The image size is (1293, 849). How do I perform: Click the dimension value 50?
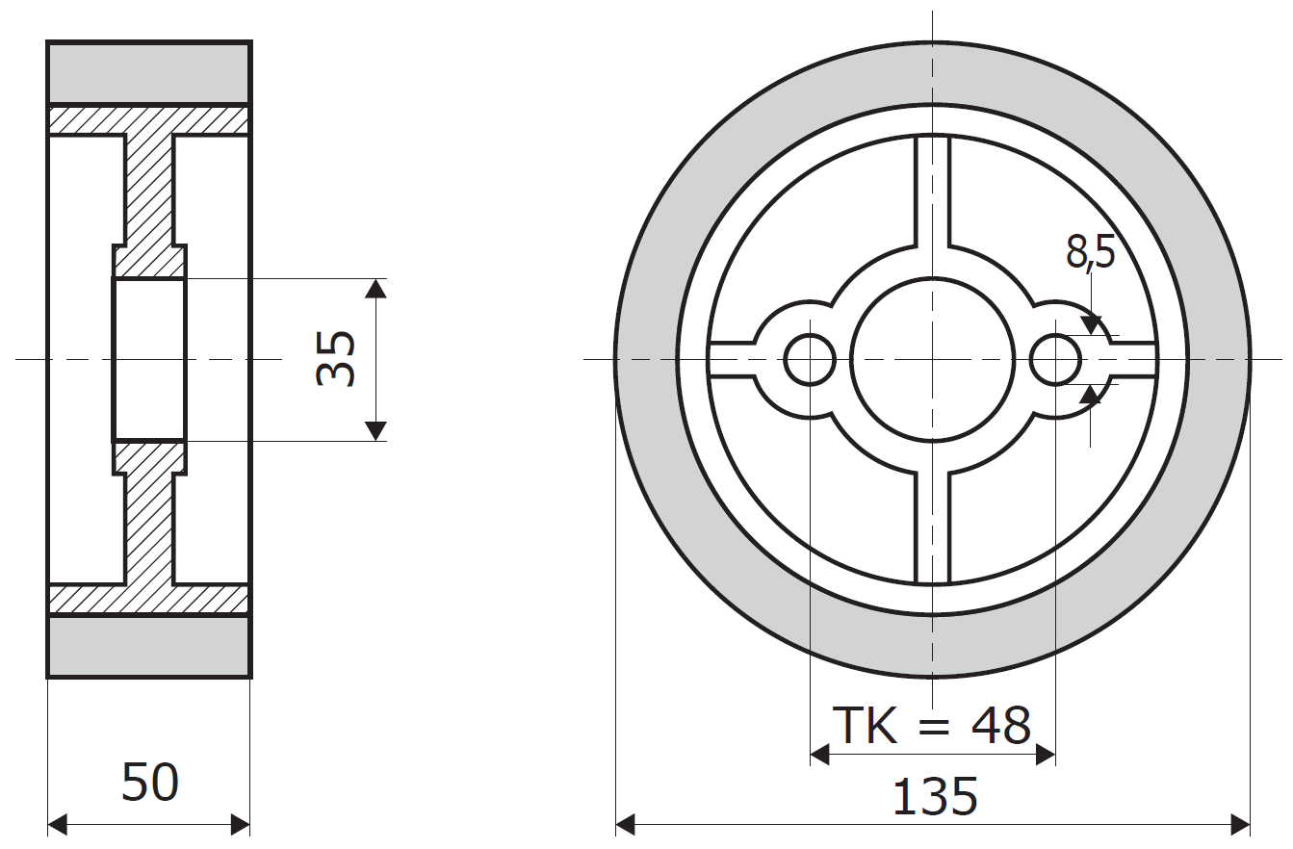[150, 783]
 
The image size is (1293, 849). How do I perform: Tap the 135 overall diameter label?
[935, 797]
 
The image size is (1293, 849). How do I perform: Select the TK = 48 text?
[931, 726]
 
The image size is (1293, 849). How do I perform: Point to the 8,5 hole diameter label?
[1090, 252]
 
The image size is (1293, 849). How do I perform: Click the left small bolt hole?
[810, 360]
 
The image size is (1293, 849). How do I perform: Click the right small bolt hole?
[1056, 360]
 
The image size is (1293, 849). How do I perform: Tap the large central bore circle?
[932, 360]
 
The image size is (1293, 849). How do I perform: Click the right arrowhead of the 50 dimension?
[241, 825]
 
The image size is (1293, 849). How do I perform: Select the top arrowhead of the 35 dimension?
[376, 288]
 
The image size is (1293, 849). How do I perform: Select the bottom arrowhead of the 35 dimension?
[376, 431]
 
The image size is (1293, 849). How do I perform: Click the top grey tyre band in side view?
[149, 72]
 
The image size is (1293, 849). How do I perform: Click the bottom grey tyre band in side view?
[149, 647]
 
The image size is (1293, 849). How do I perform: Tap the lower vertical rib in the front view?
[932, 529]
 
